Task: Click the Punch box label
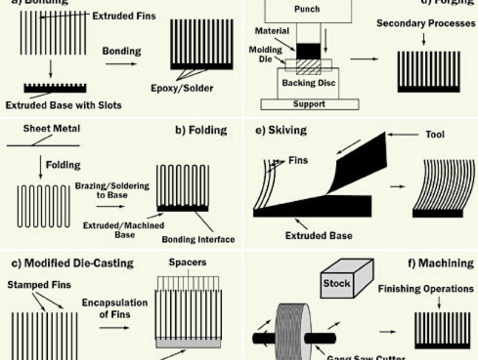click(x=307, y=10)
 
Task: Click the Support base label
click(x=309, y=104)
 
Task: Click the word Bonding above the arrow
click(x=121, y=51)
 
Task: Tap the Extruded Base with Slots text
click(x=63, y=106)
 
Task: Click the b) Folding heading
click(x=201, y=130)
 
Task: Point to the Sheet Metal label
click(x=51, y=128)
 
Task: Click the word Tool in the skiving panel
click(x=435, y=135)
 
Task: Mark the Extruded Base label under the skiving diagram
click(x=320, y=235)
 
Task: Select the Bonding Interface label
click(x=198, y=240)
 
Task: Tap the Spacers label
click(x=188, y=262)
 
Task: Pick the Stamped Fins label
click(x=39, y=285)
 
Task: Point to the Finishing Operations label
click(x=426, y=289)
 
